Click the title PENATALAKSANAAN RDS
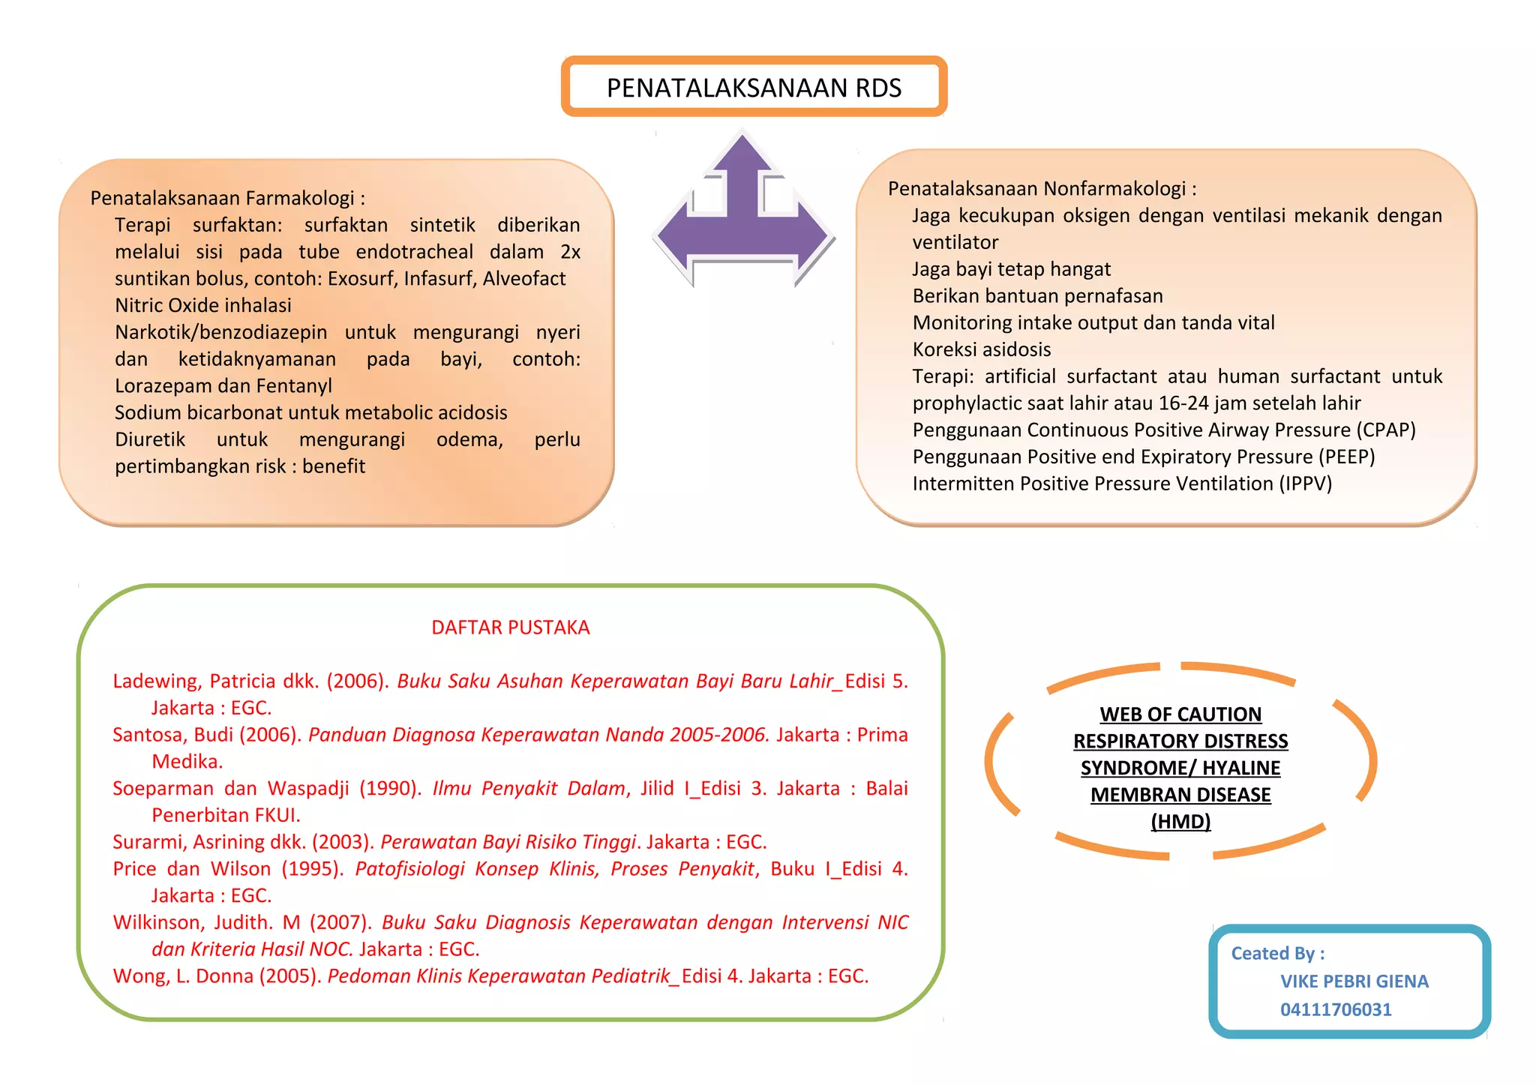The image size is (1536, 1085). coord(754,88)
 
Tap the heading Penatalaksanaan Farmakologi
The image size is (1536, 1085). coord(227,198)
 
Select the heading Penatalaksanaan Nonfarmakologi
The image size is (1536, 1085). coord(1042,188)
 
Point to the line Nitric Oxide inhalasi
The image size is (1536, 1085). coord(203,305)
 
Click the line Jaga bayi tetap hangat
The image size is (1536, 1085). coord(1011,269)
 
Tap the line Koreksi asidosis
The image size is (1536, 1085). coord(981,349)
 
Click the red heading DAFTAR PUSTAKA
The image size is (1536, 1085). coord(510,628)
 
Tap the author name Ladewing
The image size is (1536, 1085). coord(156,681)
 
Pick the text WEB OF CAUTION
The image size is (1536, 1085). coord(1180,715)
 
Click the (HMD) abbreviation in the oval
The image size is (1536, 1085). coord(1180,822)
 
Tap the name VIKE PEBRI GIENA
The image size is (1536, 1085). coord(1354,982)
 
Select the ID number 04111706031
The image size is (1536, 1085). coord(1336,1010)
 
